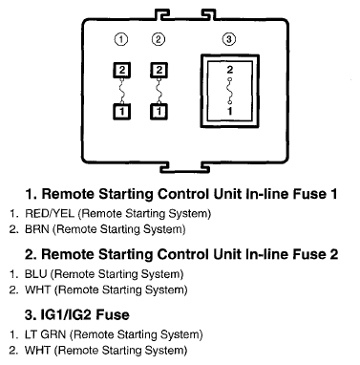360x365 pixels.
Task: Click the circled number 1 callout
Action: (121, 39)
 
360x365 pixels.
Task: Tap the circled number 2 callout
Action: (159, 39)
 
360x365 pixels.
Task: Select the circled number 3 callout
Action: (228, 39)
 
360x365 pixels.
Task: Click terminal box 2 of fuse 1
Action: (122, 70)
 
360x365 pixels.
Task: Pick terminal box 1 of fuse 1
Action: (122, 112)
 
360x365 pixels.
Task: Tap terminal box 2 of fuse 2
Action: (159, 70)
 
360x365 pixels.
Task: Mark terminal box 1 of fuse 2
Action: (159, 112)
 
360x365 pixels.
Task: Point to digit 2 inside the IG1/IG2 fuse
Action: (230, 70)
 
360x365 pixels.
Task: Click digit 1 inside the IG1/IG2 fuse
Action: (230, 111)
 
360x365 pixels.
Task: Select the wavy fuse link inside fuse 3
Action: (230, 91)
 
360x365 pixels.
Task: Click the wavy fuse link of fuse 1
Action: (122, 91)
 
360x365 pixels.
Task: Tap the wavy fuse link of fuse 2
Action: (159, 91)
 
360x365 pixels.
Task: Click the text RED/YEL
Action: (50, 213)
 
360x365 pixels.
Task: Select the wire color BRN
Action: (37, 229)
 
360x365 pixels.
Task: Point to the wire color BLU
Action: (35, 274)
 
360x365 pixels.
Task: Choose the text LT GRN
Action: (45, 334)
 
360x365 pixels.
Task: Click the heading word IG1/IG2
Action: (67, 314)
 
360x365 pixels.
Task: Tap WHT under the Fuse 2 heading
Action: (37, 290)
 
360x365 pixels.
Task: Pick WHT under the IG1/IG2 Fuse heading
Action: (37, 351)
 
